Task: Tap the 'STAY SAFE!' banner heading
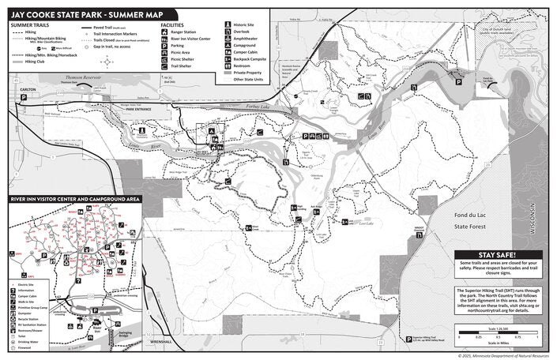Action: pyautogui.click(x=498, y=254)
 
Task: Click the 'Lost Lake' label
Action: pyautogui.click(x=366, y=223)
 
